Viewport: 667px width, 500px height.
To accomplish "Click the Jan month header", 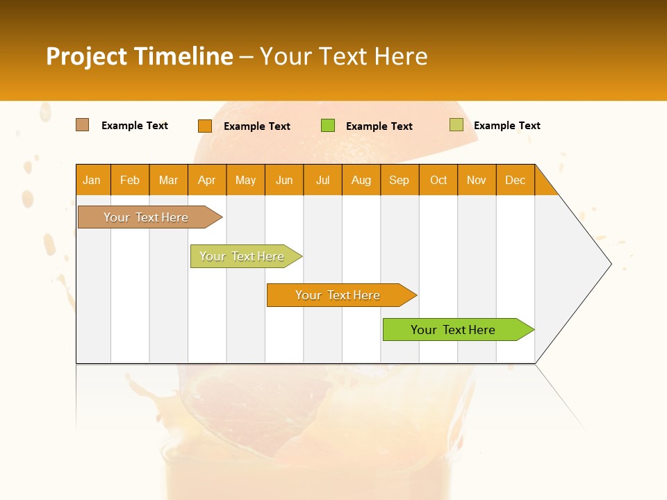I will (92, 180).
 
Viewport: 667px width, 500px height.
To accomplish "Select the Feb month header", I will (130, 180).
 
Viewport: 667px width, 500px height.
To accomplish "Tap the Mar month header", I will (168, 180).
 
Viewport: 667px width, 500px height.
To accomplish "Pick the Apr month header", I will (207, 180).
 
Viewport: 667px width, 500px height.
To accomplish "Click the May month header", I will (245, 180).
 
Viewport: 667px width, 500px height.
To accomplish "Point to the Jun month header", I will (284, 180).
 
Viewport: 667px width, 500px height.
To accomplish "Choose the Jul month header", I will (322, 180).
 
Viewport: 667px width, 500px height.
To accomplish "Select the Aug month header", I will (361, 180).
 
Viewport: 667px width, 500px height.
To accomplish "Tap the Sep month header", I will (400, 180).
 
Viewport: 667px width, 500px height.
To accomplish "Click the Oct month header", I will (438, 180).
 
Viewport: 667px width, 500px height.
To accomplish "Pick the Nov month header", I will (477, 180).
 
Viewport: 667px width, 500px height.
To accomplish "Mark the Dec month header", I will (516, 180).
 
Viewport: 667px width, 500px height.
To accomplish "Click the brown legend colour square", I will (83, 125).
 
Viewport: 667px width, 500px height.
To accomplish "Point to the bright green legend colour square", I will (328, 126).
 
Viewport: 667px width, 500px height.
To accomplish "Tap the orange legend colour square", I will (205, 126).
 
